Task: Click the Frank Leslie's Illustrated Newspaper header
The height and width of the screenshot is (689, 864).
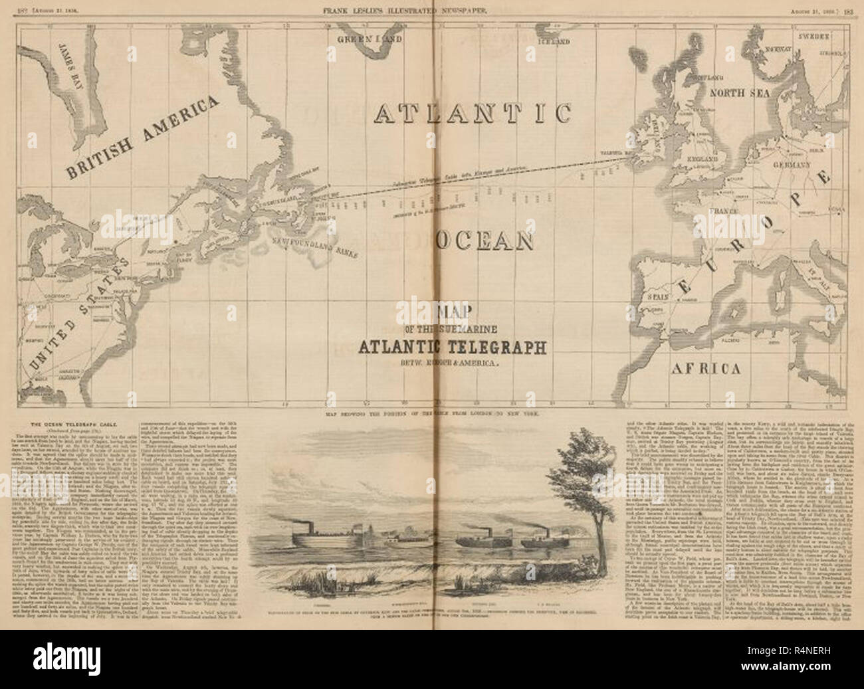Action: click(431, 9)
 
